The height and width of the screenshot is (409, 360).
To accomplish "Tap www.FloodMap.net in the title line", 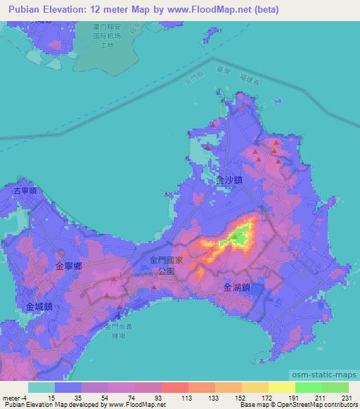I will [x=217, y=9].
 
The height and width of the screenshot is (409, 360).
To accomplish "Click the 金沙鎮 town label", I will [x=229, y=180].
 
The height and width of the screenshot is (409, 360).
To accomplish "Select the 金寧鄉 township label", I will [x=69, y=266].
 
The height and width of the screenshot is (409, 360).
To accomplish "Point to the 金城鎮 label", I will [x=39, y=306].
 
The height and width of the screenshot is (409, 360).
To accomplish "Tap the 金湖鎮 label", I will [x=236, y=287].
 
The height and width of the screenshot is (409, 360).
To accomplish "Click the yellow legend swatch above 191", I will [x=282, y=387].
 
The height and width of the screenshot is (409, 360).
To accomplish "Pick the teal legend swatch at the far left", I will [x=41, y=387].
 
